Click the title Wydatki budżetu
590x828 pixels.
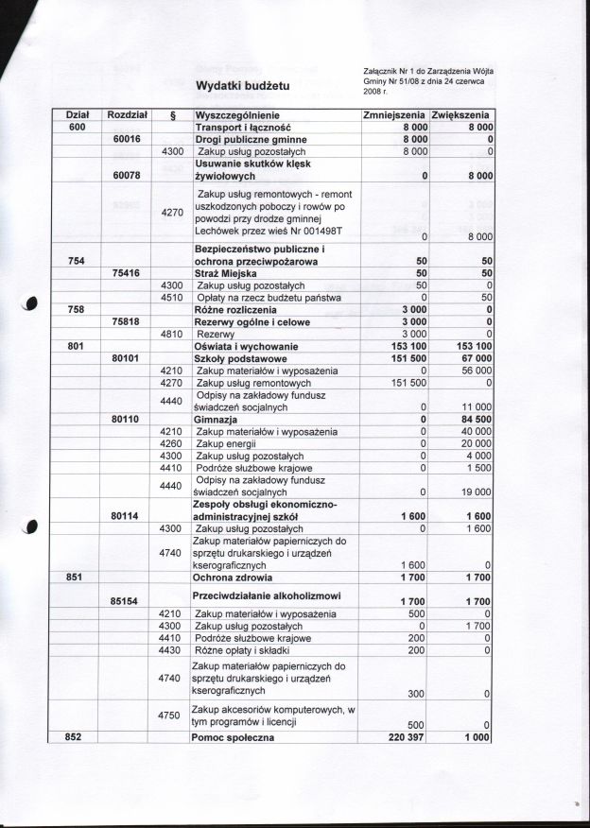pyautogui.click(x=242, y=87)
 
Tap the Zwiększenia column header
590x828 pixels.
pyautogui.click(x=462, y=114)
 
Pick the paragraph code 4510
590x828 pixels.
pyautogui.click(x=171, y=297)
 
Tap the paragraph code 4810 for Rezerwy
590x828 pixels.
pyautogui.click(x=171, y=334)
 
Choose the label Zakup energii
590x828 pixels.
pyautogui.click(x=228, y=443)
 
